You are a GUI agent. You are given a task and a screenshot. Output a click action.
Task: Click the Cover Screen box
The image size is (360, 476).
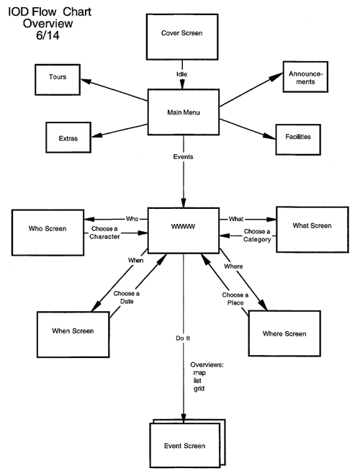(182, 37)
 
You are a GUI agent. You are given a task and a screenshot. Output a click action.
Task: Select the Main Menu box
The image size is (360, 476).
(184, 112)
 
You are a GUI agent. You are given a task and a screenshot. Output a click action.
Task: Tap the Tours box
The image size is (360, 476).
(58, 79)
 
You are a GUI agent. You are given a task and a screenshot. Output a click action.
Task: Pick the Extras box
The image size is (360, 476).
(68, 138)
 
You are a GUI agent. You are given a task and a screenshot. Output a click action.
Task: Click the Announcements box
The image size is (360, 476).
(305, 77)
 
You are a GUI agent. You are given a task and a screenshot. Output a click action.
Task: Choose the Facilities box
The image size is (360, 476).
(298, 140)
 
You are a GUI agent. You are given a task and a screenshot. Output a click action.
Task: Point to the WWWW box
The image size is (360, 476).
(184, 230)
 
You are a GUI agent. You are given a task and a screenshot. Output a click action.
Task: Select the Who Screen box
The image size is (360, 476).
(48, 233)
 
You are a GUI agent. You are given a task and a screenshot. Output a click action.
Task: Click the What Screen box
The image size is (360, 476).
(312, 230)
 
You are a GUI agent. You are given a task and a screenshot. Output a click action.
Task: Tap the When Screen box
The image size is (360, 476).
(73, 334)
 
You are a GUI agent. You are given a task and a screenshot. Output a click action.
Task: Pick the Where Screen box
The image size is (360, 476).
(284, 333)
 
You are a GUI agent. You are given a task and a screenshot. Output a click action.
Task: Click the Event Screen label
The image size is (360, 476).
(184, 446)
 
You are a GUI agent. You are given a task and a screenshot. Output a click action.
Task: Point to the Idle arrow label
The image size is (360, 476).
(182, 74)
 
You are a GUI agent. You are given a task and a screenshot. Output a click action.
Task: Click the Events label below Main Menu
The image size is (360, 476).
(183, 157)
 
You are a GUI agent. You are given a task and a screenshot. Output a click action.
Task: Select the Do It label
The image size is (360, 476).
(183, 338)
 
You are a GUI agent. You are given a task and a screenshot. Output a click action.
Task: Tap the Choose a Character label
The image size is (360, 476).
(104, 233)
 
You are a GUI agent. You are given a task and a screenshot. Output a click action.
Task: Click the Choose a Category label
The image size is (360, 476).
(257, 235)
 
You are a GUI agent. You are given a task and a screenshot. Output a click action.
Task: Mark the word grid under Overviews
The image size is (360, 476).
(199, 389)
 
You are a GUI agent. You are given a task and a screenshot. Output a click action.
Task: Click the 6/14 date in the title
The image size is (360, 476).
(48, 35)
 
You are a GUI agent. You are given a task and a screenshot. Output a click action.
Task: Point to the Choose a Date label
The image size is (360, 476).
(127, 297)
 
